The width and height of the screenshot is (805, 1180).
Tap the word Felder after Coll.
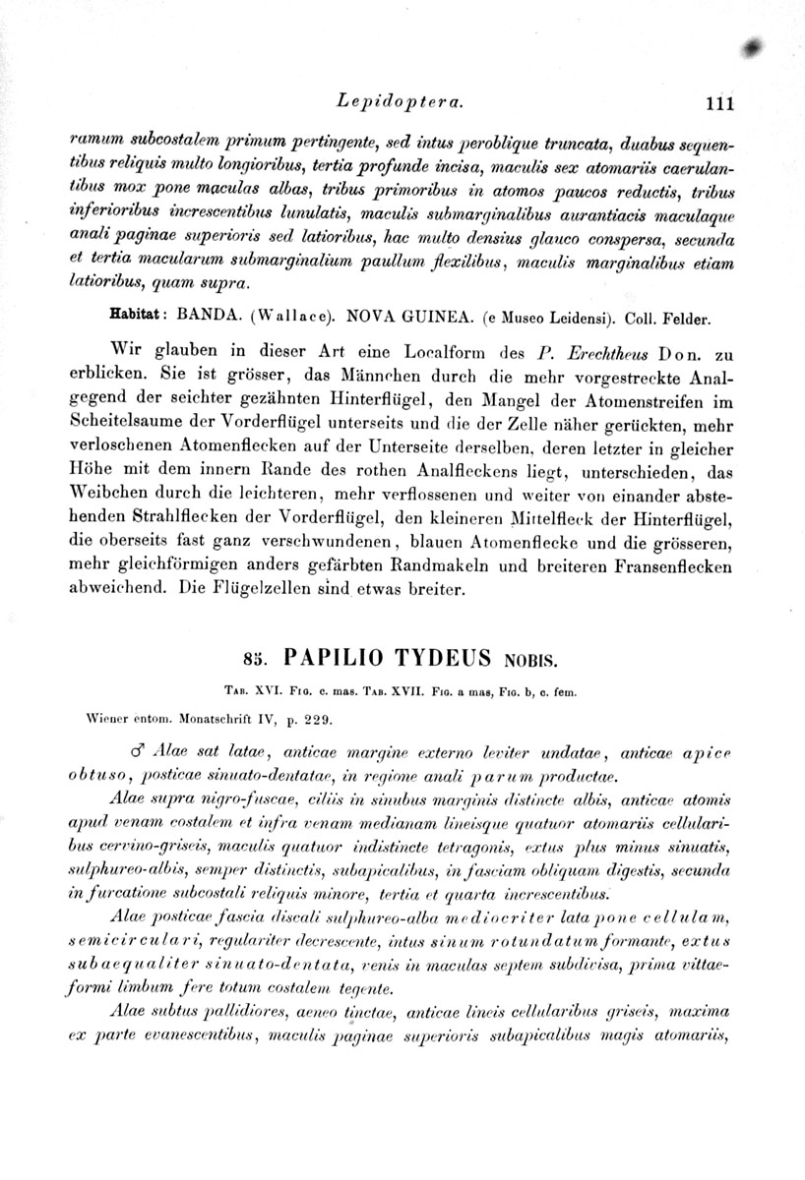pyautogui.click(x=683, y=319)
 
